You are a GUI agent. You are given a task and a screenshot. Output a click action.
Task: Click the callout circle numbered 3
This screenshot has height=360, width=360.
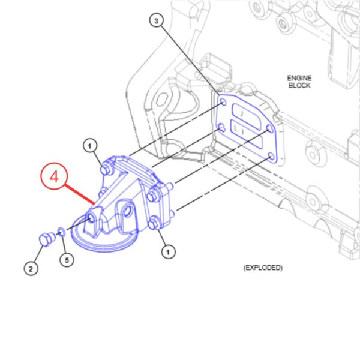(157, 20)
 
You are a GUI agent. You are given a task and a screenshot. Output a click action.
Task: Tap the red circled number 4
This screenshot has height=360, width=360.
(54, 176)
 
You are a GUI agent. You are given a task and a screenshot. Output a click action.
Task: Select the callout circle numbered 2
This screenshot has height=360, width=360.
(31, 268)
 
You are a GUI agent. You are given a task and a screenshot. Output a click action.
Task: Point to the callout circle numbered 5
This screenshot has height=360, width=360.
(67, 260)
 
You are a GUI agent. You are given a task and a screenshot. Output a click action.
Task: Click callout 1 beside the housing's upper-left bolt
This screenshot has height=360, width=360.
(90, 146)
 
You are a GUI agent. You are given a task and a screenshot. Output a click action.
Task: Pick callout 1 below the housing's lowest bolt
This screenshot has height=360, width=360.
(168, 252)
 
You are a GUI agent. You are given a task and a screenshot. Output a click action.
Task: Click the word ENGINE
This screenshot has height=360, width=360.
(299, 78)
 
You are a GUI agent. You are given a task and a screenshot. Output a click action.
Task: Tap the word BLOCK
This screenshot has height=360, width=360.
(299, 85)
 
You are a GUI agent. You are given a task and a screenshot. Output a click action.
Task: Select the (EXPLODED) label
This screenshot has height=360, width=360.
(263, 268)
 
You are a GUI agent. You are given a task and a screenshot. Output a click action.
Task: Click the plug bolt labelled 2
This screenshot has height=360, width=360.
(47, 239)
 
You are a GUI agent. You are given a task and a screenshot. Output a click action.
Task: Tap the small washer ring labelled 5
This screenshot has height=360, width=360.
(61, 232)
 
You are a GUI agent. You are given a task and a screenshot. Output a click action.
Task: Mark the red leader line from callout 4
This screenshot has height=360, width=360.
(80, 194)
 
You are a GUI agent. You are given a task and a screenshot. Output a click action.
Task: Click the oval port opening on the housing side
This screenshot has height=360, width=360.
(128, 212)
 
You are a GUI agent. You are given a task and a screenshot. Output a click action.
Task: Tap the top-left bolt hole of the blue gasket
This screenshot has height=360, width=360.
(223, 102)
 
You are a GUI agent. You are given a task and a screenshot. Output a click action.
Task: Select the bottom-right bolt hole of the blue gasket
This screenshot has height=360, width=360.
(271, 157)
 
